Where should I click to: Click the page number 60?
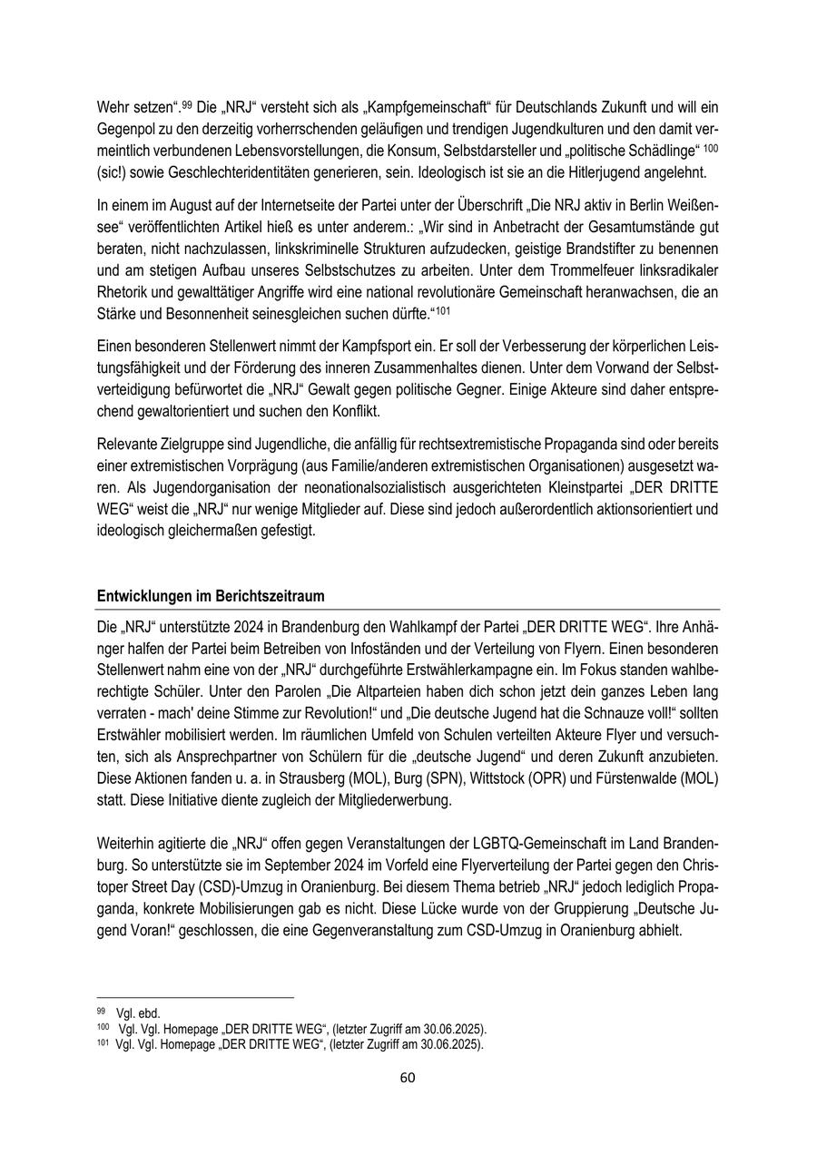[408, 1078]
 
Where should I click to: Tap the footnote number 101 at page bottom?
[103, 1042]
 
